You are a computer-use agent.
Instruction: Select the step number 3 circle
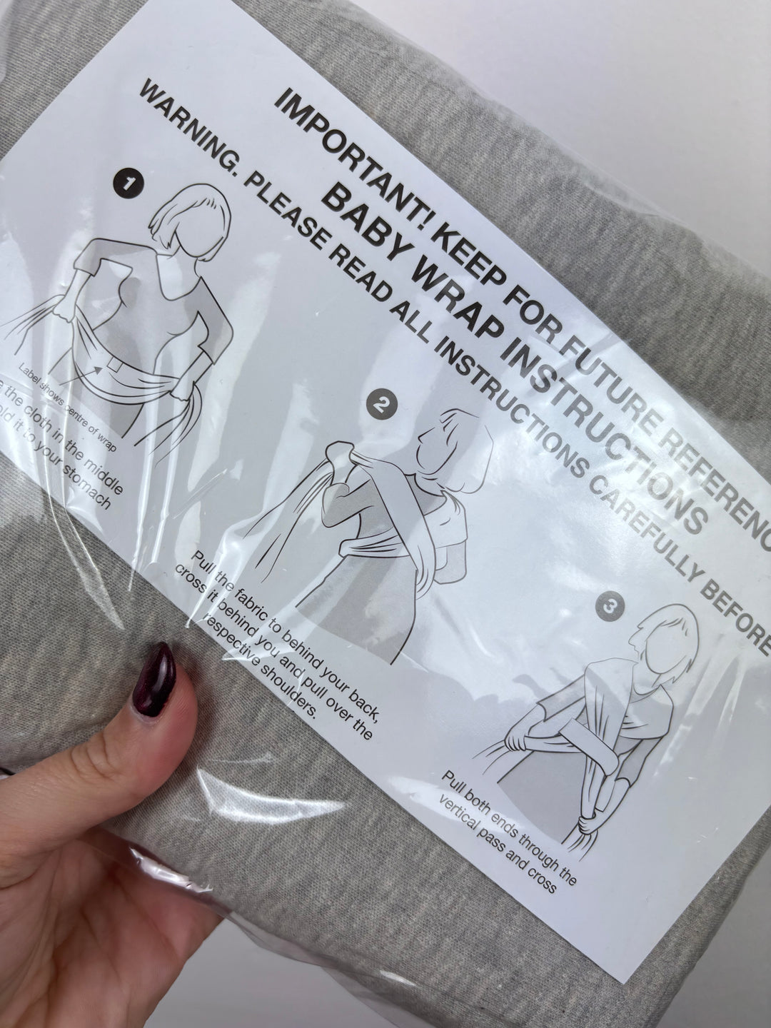coord(608,607)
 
